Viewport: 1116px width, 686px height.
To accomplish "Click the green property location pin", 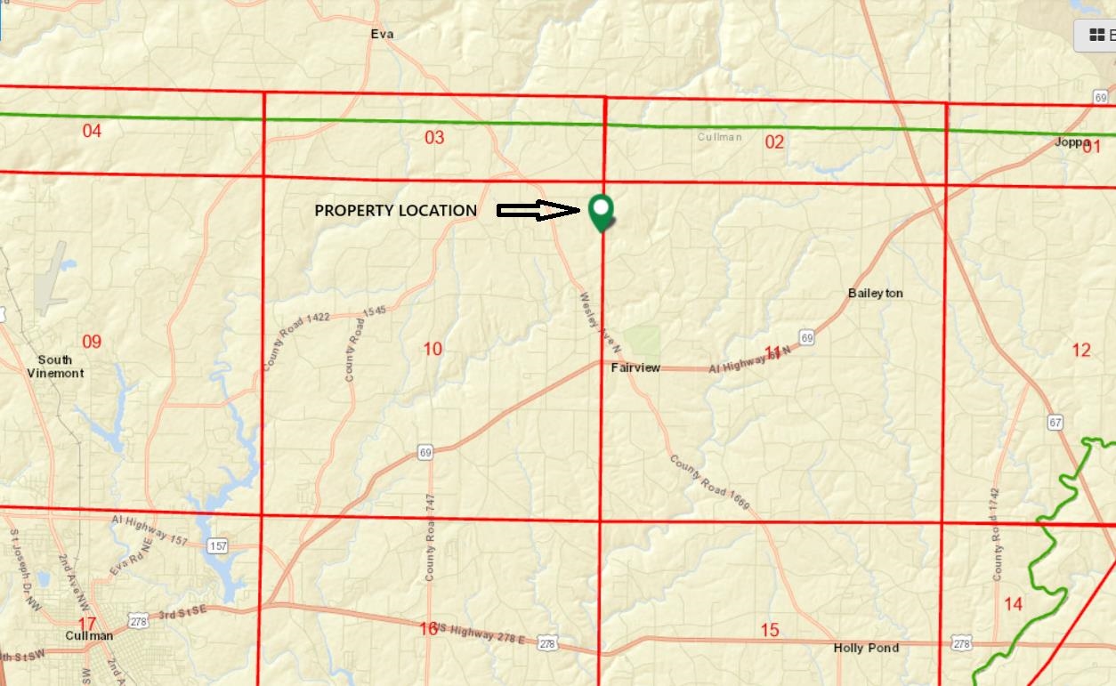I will click(x=602, y=211).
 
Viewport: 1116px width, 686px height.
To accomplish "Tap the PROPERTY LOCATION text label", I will click(x=396, y=211).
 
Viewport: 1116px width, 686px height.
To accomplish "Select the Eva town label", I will click(x=382, y=35).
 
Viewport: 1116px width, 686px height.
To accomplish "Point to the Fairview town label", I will click(x=635, y=367).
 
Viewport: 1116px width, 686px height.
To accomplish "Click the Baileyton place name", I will click(x=875, y=294).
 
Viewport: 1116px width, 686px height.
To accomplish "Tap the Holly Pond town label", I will click(x=866, y=648).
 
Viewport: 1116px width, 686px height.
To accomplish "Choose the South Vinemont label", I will click(x=55, y=367).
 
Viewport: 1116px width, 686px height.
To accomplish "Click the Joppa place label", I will click(x=1072, y=142).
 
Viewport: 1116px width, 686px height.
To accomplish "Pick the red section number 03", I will click(x=434, y=137).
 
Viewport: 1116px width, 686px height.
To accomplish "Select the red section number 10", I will click(x=433, y=349).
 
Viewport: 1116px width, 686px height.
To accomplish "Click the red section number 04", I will click(x=92, y=132).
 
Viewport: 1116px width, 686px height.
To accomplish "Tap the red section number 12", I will click(x=1081, y=351).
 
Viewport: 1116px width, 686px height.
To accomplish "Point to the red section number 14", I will click(x=1014, y=605).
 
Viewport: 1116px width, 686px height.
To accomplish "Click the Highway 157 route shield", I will click(x=217, y=545).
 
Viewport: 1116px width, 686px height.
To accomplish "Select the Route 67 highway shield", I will click(x=1055, y=422).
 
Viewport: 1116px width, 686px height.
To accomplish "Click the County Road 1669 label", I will click(x=710, y=483).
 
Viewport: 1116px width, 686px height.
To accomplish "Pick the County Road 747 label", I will click(x=430, y=537).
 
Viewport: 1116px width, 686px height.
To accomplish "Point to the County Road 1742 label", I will click(x=996, y=534).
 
